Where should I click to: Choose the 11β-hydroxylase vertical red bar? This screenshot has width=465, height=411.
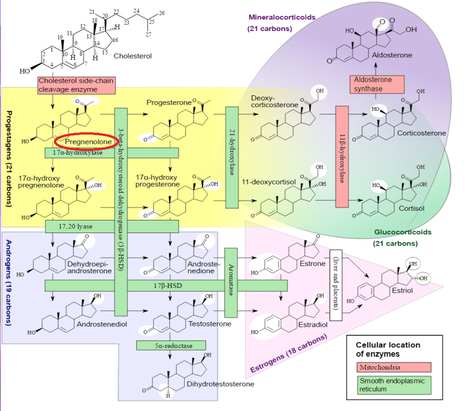pos(342,156)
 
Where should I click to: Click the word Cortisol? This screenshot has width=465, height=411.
pos(411,208)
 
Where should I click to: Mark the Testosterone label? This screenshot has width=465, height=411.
pos(211,324)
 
